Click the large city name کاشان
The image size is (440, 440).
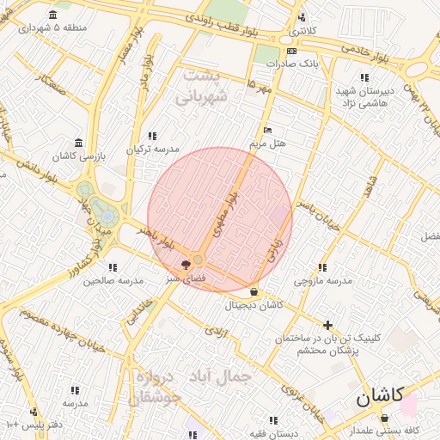(379, 397)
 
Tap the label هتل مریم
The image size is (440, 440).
(267, 143)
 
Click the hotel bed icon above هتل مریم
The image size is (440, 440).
(268, 130)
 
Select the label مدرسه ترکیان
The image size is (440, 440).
(152, 149)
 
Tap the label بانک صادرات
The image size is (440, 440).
(292, 64)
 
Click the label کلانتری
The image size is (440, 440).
(301, 31)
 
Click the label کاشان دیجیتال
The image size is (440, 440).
(254, 305)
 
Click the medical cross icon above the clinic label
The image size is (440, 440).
(327, 325)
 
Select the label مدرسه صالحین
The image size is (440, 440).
(113, 280)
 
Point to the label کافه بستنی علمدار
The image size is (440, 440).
(383, 430)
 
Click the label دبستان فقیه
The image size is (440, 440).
(272, 433)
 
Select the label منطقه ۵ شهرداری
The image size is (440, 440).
(53, 27)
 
